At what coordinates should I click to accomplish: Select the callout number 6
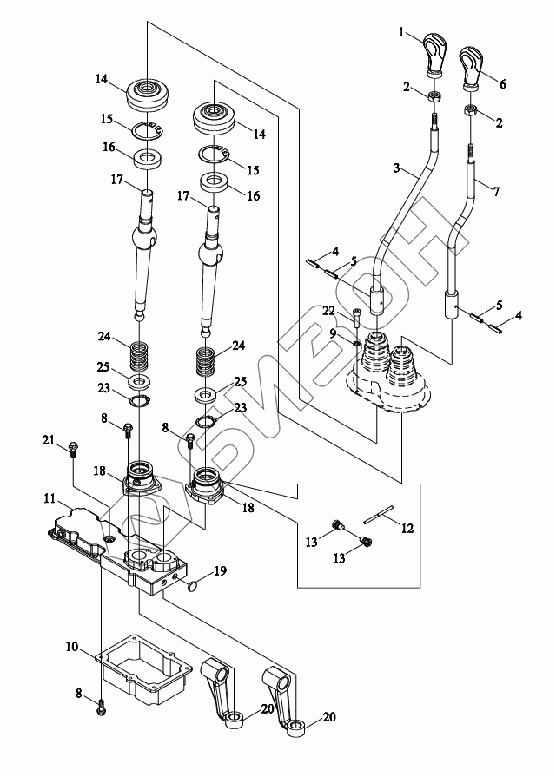coord(502,84)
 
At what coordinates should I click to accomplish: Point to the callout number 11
coord(53,500)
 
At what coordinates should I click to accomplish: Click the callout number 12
coord(407,526)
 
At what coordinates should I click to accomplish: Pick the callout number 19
coord(222,570)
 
